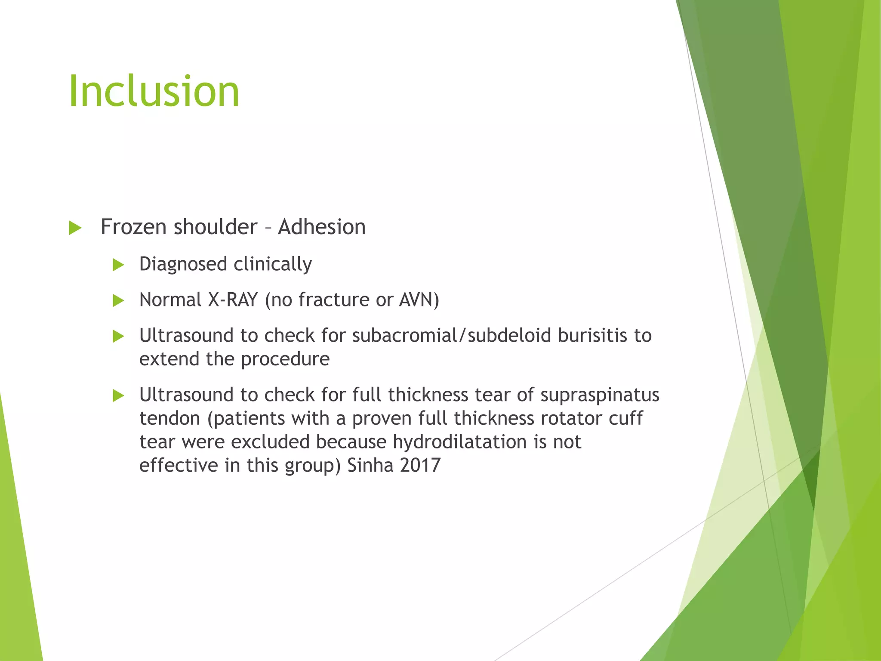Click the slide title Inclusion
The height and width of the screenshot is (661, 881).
[154, 91]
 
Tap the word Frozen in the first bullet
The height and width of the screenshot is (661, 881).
[133, 227]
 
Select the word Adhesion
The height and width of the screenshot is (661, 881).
[322, 227]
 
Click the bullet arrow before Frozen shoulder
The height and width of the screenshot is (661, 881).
[75, 228]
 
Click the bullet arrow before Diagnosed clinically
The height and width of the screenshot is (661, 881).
[118, 265]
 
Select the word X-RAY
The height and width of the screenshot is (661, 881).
[233, 300]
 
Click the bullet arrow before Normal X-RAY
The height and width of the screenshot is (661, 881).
[118, 300]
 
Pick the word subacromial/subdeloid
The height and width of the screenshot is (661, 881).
[451, 336]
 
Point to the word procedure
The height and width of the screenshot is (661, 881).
[285, 359]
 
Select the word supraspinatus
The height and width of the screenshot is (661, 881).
[600, 395]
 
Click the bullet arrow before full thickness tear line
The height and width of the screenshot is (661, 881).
[118, 395]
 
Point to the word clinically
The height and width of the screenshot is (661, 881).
[273, 264]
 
